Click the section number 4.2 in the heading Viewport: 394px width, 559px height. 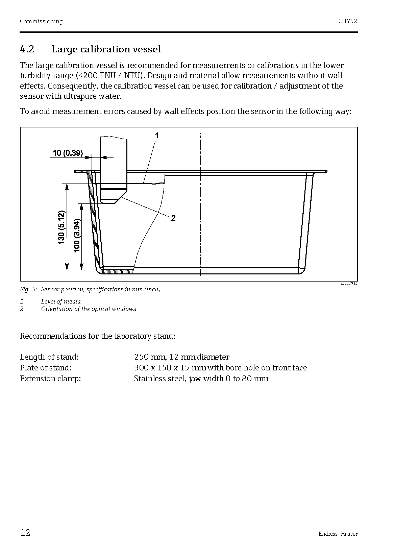tap(27, 49)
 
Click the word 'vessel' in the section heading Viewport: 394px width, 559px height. tap(146, 49)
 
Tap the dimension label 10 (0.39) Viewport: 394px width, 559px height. tap(68, 153)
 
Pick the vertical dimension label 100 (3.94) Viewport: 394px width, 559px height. tap(77, 235)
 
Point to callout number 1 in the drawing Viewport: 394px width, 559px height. tap(157, 136)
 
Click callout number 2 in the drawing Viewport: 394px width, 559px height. tap(173, 218)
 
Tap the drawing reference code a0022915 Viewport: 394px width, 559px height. tap(349, 284)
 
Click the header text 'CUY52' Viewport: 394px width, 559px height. tap(348, 21)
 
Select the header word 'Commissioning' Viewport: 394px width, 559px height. tap(41, 21)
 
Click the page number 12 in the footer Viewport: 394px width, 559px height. tap(25, 533)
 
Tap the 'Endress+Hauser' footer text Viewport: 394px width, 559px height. tap(338, 534)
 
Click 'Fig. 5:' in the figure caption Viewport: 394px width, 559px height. tap(29, 289)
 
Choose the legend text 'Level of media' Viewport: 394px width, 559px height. tap(61, 301)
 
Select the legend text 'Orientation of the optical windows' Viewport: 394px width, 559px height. tap(89, 309)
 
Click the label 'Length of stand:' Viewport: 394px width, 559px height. tap(49, 357)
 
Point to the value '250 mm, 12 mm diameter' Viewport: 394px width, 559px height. tap(181, 357)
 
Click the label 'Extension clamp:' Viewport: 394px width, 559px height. tap(50, 379)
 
